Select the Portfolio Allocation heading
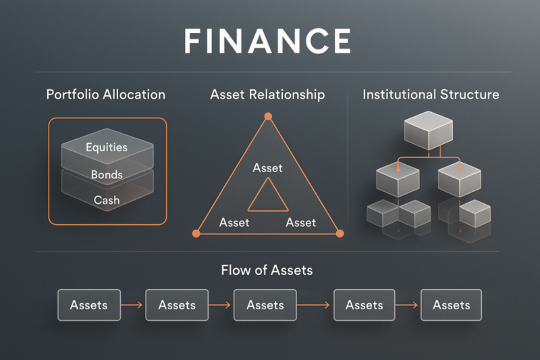point(105,95)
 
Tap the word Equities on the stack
point(107,147)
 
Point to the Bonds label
point(107,175)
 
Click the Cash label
point(107,200)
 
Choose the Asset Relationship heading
point(267,95)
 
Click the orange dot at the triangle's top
point(268,117)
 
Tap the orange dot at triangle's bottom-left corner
point(196,233)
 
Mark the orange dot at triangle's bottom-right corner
point(340,233)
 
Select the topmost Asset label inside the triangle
point(268,168)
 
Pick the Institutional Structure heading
point(431,95)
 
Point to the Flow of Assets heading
point(267,271)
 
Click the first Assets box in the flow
point(88,305)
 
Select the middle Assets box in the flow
point(265,305)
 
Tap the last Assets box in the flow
point(451,305)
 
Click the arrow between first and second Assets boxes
point(132,305)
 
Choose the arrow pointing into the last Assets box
point(407,305)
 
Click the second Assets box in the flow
point(177,305)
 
